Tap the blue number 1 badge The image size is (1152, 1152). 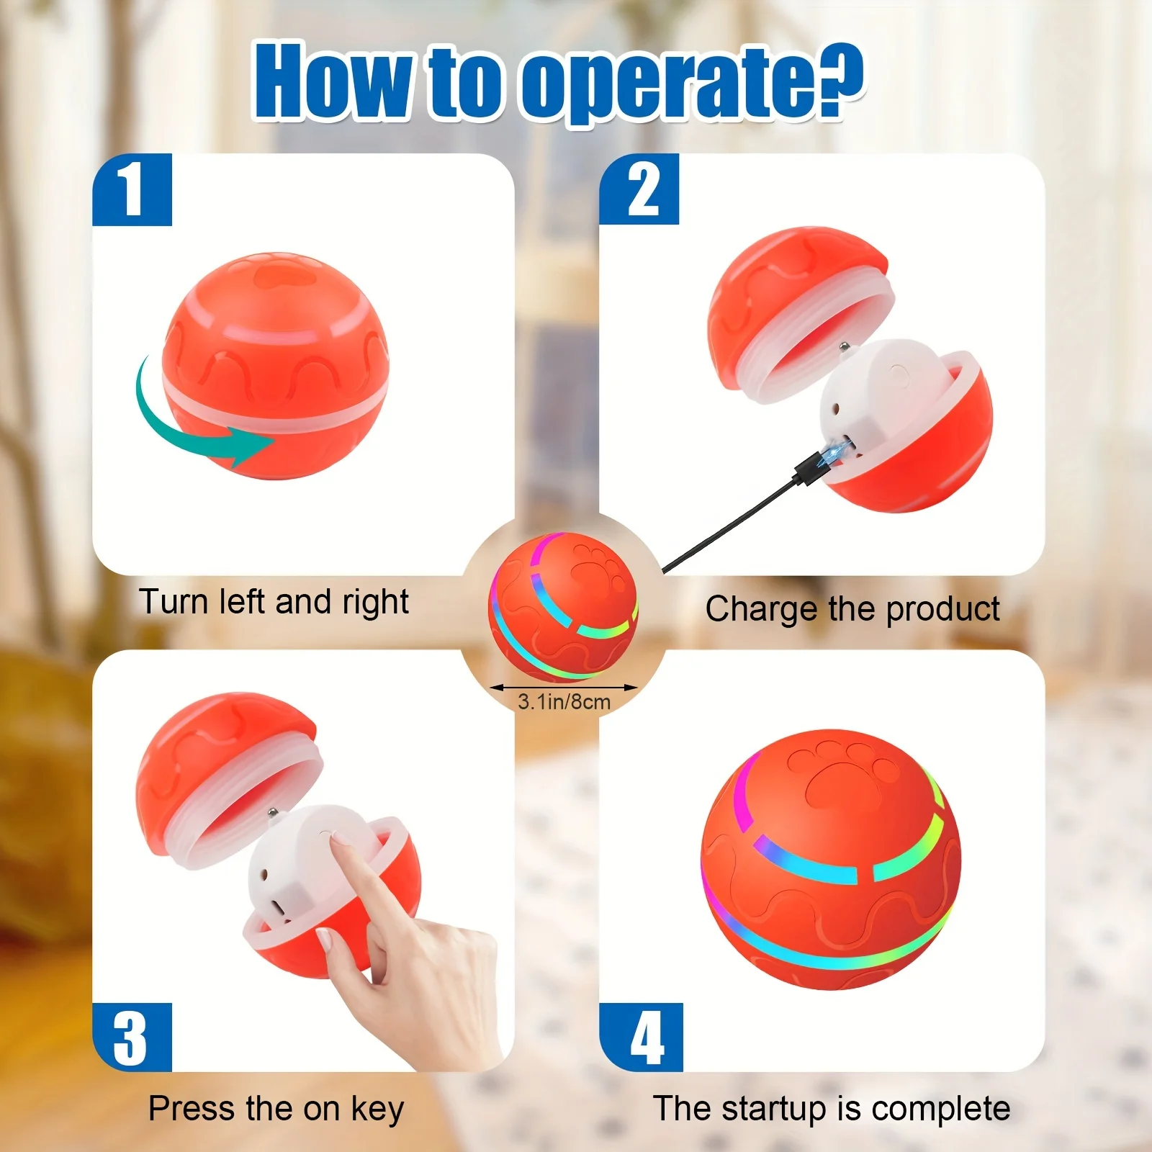pos(132,189)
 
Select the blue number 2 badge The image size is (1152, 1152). pos(639,189)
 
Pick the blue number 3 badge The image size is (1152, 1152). pos(132,1037)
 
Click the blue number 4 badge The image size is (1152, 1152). pos(641,1037)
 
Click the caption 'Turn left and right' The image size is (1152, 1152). pos(274,602)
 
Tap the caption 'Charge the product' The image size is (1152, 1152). pos(852,609)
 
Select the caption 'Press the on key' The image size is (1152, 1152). pos(276,1109)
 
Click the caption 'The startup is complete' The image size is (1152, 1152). pos(831,1109)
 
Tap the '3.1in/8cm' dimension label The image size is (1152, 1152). pos(564,702)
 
